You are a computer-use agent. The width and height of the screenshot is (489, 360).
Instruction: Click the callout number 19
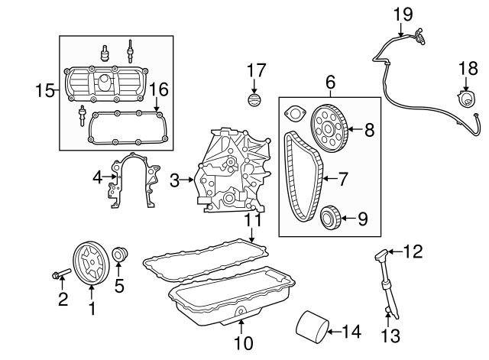coord(402,13)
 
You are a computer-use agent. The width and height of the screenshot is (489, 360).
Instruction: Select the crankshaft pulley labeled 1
coord(91,262)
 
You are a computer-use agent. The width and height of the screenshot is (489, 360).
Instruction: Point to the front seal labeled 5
coord(118,255)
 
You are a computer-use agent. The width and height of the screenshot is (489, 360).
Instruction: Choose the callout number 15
coord(46,92)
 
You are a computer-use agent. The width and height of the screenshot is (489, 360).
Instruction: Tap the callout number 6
coord(330,81)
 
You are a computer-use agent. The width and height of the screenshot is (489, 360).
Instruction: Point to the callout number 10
coord(243,344)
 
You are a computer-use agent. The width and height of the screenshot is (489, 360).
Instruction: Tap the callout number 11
coord(253,220)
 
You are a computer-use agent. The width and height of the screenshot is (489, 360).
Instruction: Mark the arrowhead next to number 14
coord(330,331)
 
